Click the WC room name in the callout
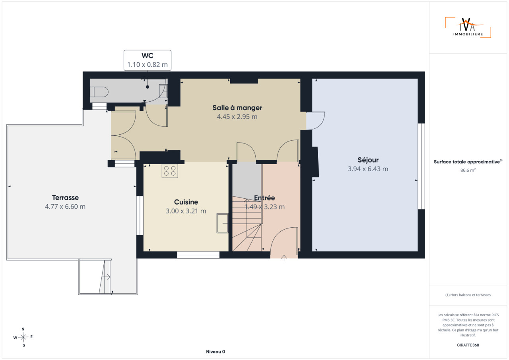(147, 56)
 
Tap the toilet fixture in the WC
(99, 92)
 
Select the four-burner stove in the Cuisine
(170, 171)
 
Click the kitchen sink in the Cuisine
(222, 223)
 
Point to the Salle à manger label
(237, 108)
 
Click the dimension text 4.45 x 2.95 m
(237, 117)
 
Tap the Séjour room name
(368, 160)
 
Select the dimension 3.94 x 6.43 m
(368, 169)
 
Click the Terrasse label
(66, 197)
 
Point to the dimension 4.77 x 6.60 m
(65, 207)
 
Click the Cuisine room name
(186, 202)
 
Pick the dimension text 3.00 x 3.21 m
(186, 211)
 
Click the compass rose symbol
(23, 337)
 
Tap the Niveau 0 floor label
(216, 352)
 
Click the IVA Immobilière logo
(468, 27)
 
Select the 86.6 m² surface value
(468, 170)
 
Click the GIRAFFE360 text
(468, 345)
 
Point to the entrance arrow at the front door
(284, 258)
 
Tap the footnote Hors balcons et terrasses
(468, 295)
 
